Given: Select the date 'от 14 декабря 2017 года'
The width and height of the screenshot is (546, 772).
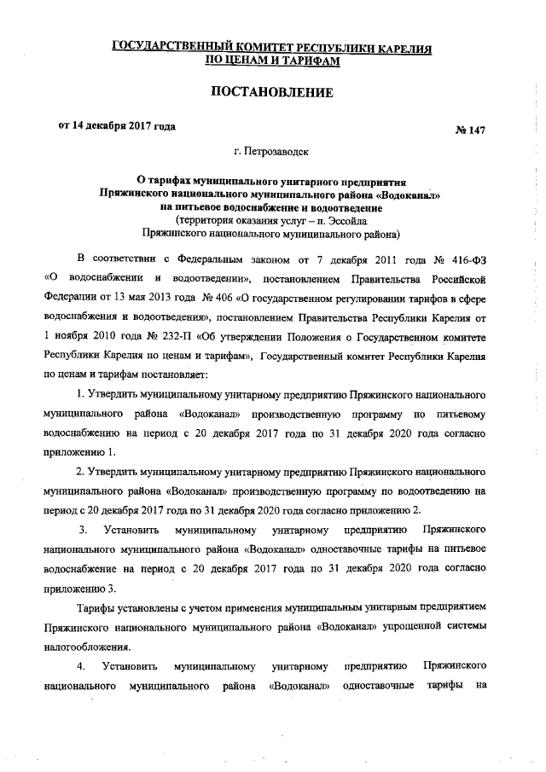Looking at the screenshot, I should (x=117, y=127).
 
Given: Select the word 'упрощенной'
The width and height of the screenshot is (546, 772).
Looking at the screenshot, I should (x=407, y=628).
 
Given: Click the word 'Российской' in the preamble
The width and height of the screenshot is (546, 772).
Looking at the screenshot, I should (x=456, y=277).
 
